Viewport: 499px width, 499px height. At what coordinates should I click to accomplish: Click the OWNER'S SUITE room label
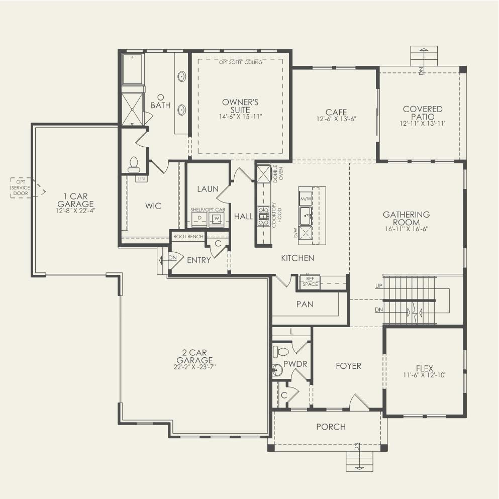(x=240, y=106)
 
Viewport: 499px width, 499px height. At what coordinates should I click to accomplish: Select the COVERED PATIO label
(x=423, y=113)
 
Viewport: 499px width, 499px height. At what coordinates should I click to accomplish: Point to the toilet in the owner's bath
(x=134, y=163)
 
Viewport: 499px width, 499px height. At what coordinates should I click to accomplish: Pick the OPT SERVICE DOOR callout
(x=21, y=187)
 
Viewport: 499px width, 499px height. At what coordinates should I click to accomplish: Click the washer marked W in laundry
(x=216, y=219)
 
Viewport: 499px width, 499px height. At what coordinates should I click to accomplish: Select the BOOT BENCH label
(x=188, y=236)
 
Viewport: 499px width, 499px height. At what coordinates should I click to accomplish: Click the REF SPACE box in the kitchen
(x=310, y=281)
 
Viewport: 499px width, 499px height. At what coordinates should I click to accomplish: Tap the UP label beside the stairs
(x=379, y=285)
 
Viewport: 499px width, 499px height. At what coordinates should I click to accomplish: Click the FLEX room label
(x=425, y=368)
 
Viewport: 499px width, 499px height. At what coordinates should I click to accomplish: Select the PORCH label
(x=331, y=427)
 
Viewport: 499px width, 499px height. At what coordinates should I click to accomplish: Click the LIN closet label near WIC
(x=141, y=178)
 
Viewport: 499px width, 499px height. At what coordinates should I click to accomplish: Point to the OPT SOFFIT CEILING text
(x=240, y=63)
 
